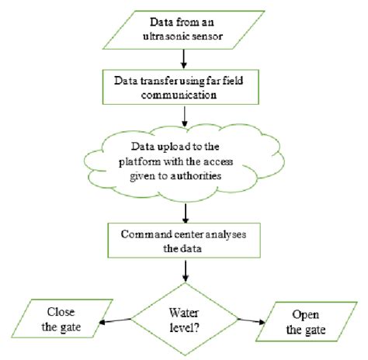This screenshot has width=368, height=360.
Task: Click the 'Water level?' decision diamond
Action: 184,317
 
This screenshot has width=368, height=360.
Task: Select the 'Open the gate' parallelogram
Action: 309,323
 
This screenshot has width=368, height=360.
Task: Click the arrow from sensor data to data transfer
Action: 185,58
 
